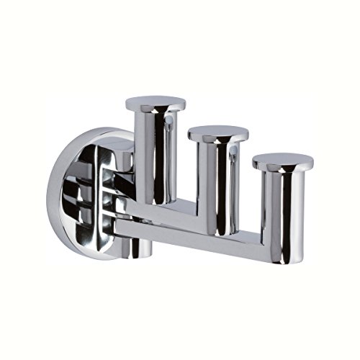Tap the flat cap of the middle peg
tap(217, 132)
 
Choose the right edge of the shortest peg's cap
tap(301, 162)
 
